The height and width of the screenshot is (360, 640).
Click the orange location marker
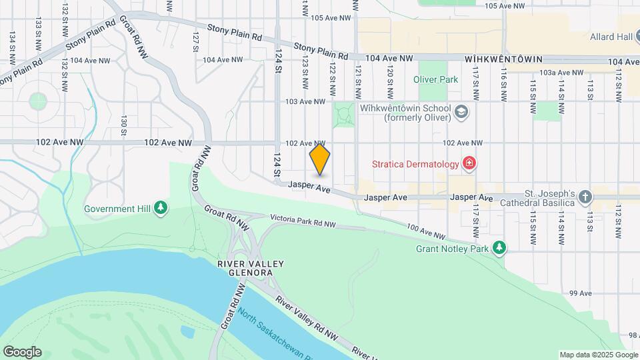[x=320, y=160]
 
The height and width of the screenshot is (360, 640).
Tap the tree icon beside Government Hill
[x=160, y=209]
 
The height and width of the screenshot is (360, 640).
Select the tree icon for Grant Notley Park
[x=499, y=249]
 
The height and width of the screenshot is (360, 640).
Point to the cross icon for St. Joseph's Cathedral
[x=585, y=197]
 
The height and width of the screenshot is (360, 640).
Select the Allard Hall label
[x=610, y=37]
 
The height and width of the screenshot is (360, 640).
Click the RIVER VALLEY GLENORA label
[x=251, y=269]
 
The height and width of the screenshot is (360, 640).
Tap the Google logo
[x=22, y=352]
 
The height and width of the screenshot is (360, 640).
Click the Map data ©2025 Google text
[x=598, y=355]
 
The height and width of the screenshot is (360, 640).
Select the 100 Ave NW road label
[x=425, y=232]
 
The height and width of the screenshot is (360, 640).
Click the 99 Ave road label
[x=581, y=293]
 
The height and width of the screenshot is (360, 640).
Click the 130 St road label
[x=124, y=124]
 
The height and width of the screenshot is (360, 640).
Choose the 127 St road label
[x=195, y=40]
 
